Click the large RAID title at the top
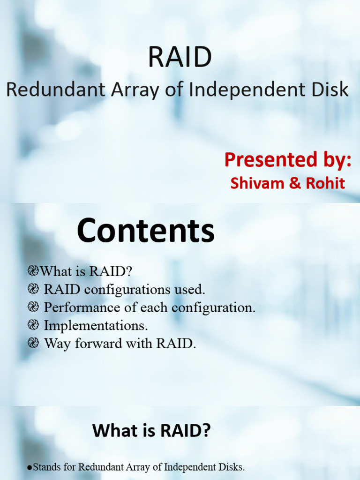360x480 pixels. click(x=180, y=57)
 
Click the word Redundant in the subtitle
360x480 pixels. click(x=55, y=90)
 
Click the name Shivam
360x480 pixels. click(x=255, y=183)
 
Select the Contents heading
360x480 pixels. click(x=145, y=232)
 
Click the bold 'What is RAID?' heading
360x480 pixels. click(x=151, y=430)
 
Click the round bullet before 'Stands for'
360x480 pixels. click(x=30, y=468)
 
